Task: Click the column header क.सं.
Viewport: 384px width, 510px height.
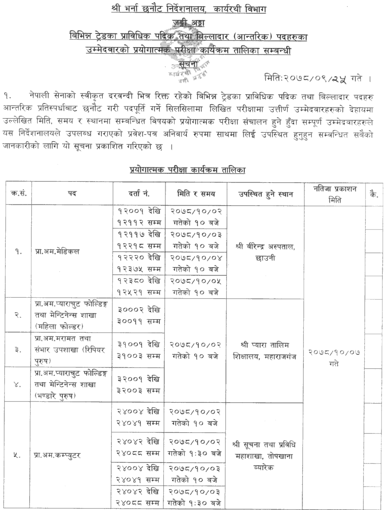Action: click(x=19, y=192)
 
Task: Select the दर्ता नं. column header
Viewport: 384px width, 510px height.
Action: click(x=139, y=192)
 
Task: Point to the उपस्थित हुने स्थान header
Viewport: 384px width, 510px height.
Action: click(x=265, y=192)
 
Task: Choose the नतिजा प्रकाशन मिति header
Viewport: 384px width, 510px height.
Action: click(x=334, y=192)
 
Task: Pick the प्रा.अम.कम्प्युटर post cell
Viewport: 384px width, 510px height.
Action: click(x=55, y=456)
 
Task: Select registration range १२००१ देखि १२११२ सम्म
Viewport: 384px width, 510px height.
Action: click(x=139, y=218)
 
